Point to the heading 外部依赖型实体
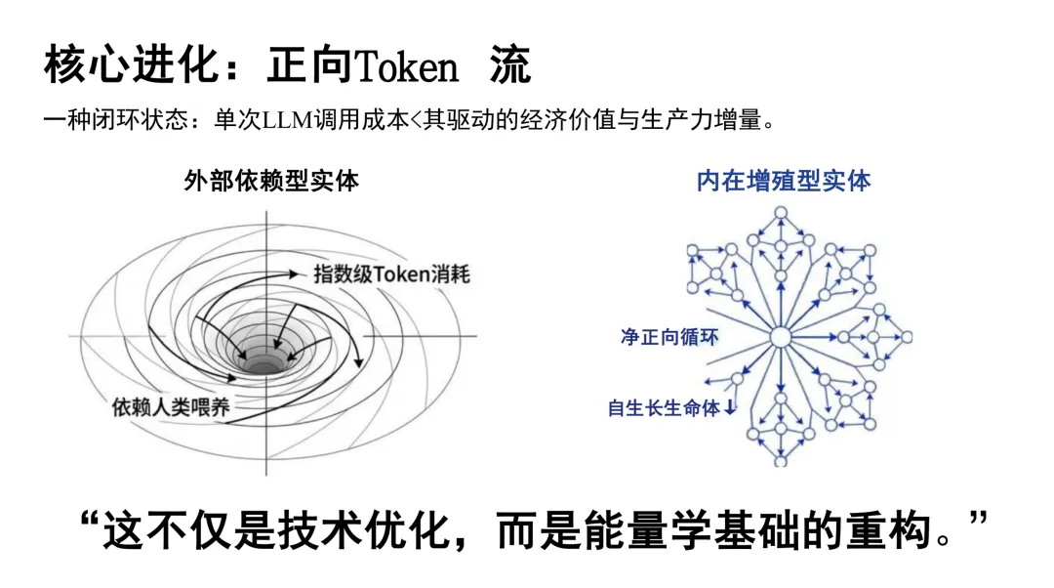[x=271, y=181]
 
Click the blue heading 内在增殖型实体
[x=784, y=181]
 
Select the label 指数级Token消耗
[x=391, y=273]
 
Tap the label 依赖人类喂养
[x=171, y=406]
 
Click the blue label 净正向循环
[x=669, y=337]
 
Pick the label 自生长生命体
[x=664, y=408]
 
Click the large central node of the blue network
[x=780, y=338]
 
